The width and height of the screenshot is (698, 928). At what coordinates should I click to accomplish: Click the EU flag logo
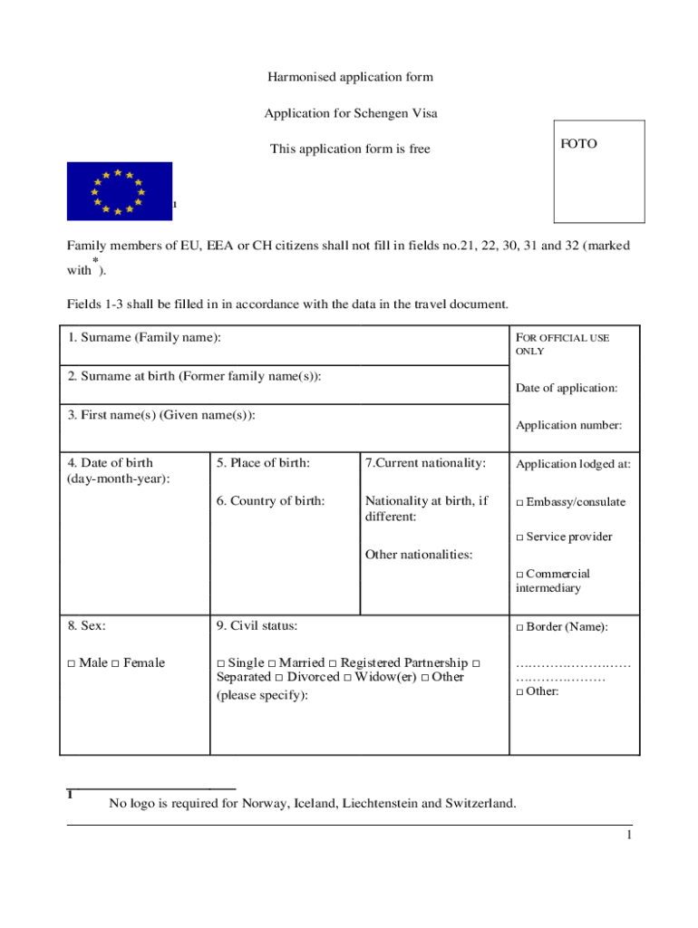(119, 190)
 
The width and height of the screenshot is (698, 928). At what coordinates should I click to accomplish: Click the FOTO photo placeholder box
(599, 171)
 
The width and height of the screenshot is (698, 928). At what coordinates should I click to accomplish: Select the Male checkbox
(71, 663)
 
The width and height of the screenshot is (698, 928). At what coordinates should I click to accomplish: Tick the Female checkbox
(115, 663)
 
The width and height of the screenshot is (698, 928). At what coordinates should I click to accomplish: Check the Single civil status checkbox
(221, 663)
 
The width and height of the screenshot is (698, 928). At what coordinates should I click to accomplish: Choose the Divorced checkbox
(279, 678)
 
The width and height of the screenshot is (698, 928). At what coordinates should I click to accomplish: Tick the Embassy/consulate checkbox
(519, 503)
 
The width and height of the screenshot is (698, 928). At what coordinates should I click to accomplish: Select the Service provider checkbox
(519, 537)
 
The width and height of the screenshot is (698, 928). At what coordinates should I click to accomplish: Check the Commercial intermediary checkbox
(519, 575)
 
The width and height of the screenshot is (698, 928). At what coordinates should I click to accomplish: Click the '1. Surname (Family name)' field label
(144, 338)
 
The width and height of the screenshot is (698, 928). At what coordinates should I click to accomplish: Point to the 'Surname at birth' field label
(194, 376)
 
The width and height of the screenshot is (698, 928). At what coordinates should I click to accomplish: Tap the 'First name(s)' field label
(161, 415)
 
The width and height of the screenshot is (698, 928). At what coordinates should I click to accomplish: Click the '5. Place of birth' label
(263, 463)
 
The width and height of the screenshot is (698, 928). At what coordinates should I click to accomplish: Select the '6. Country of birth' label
(270, 501)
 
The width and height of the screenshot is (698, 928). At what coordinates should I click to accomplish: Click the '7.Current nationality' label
(425, 463)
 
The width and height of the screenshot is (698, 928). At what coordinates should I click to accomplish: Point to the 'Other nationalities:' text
(418, 555)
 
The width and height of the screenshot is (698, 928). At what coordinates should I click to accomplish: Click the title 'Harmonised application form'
(350, 77)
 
